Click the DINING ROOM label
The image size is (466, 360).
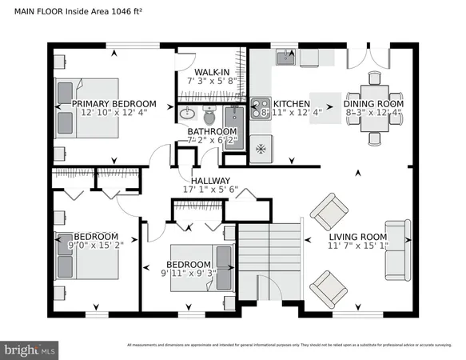pos(373,104)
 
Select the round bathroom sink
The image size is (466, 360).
pos(187,113)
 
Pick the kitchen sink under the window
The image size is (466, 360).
pos(285,57)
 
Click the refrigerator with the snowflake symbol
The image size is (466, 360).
pos(261,147)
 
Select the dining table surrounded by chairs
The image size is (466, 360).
pos(374,104)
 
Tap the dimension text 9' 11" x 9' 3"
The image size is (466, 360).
pos(188,274)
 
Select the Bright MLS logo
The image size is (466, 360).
pos(30,350)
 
